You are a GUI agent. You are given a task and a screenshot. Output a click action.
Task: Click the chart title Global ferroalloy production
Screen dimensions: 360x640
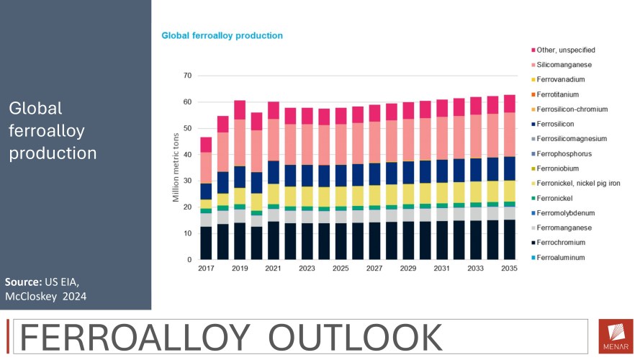click(222, 35)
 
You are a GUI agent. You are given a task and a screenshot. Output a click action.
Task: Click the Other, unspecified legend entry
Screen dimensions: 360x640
click(565, 50)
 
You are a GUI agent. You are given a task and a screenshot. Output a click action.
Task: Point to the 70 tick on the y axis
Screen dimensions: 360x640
click(188, 76)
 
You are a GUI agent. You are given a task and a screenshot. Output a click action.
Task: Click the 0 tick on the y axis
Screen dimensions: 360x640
click(190, 260)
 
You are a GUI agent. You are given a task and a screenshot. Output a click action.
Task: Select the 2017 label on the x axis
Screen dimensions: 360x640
click(206, 269)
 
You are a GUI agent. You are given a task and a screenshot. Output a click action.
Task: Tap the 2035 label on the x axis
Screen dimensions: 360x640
click(509, 269)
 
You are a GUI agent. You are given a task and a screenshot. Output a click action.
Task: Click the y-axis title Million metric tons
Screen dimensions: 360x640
click(176, 167)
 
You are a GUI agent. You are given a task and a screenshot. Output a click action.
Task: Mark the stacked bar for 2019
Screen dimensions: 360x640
click(240, 180)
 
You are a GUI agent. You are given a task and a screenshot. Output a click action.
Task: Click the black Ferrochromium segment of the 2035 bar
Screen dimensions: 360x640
click(509, 240)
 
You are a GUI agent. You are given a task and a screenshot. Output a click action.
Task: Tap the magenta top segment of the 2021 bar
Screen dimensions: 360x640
click(274, 110)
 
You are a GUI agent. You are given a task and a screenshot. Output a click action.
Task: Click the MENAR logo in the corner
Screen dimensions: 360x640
click(615, 336)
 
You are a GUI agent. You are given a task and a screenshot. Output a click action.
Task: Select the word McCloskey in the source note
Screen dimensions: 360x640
click(33, 295)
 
